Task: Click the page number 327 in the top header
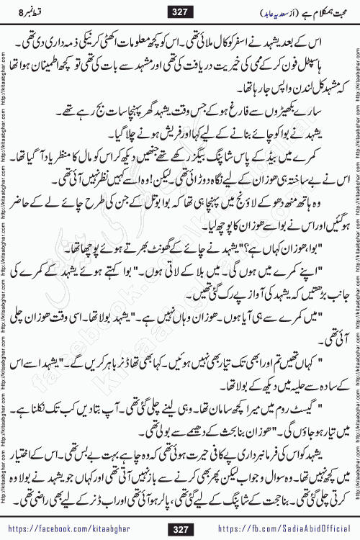[x=179, y=9]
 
